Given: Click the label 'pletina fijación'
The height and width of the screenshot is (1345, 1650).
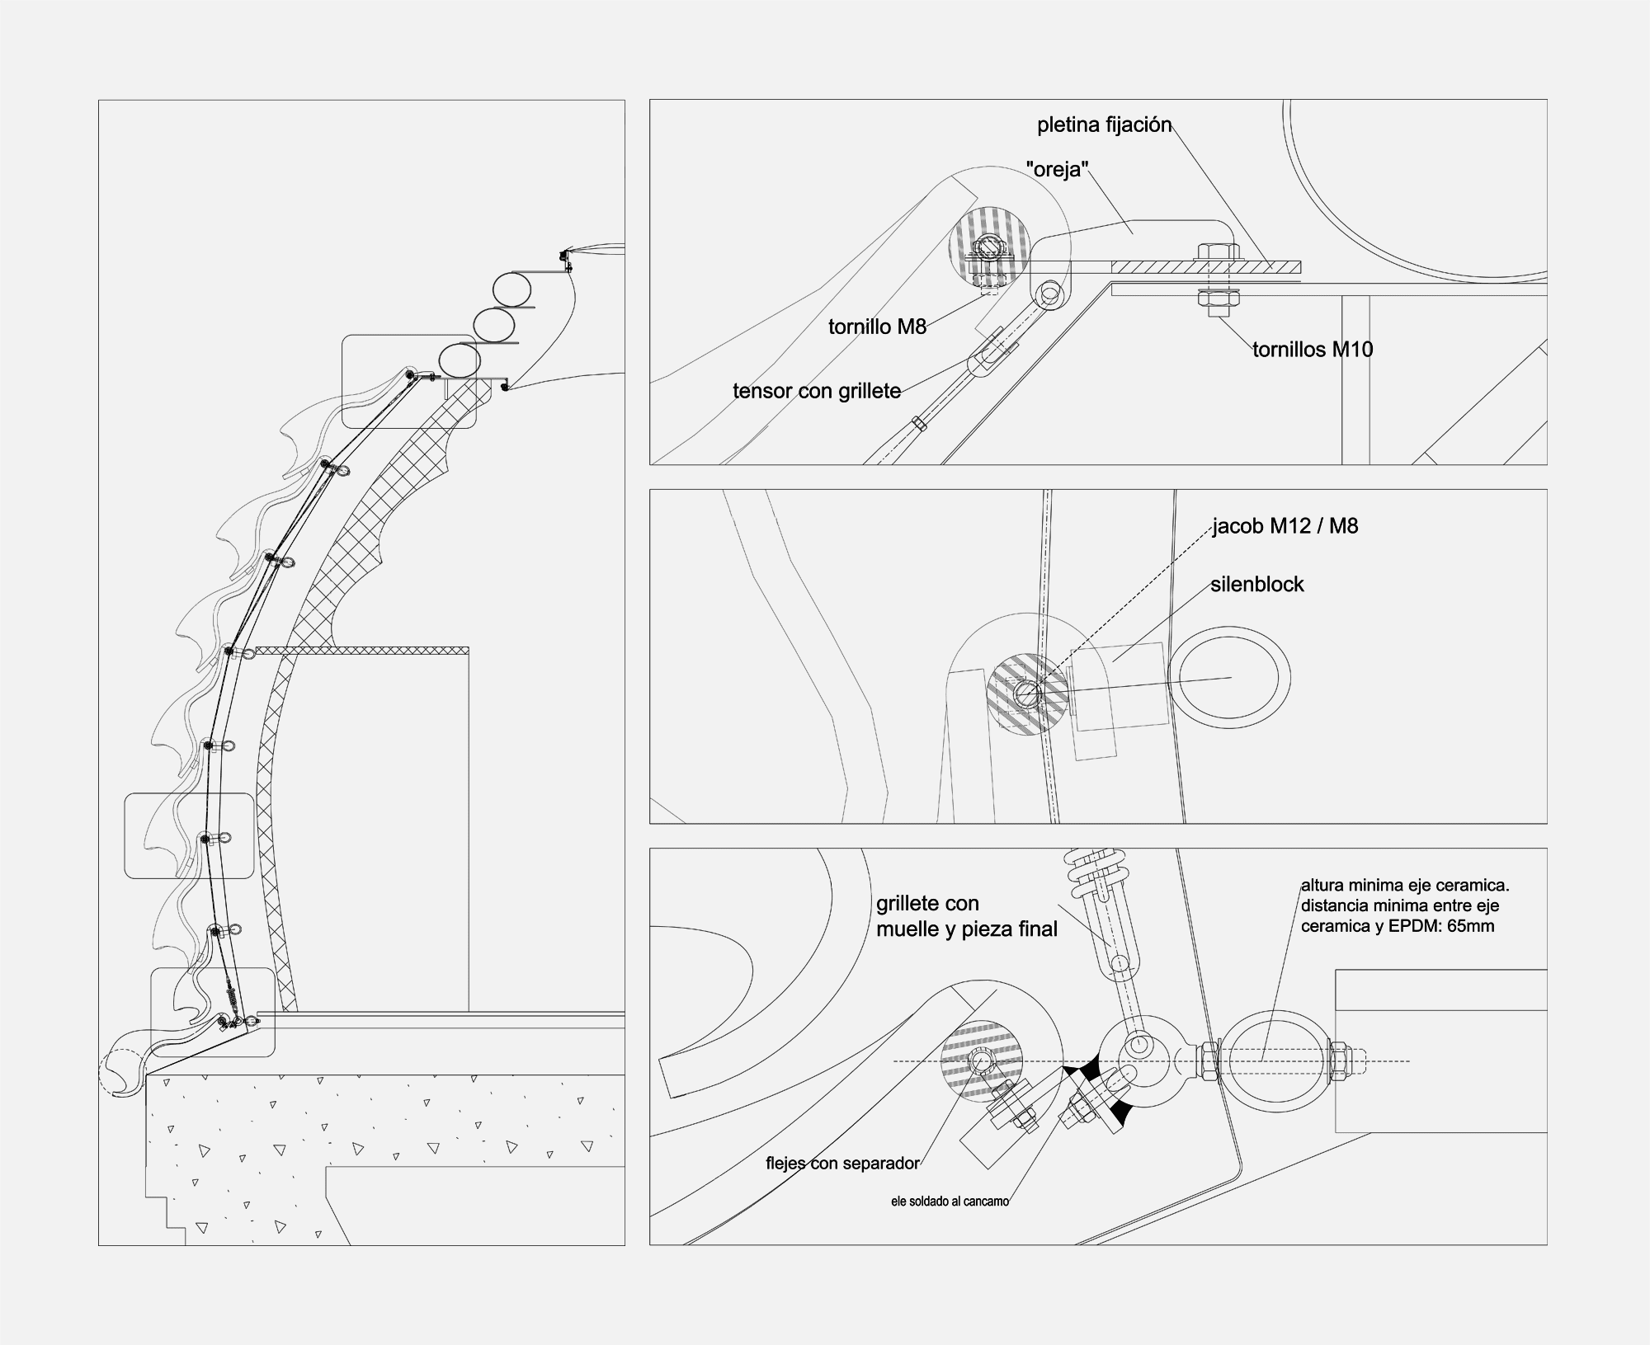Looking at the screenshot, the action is (1104, 125).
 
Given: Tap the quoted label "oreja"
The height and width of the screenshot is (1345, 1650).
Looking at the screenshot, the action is (1058, 171).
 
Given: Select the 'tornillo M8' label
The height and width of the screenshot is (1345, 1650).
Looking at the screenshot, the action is (878, 327).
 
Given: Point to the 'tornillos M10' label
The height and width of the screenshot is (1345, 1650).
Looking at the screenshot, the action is (1313, 350).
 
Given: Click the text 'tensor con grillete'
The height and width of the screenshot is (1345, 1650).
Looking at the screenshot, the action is (817, 391).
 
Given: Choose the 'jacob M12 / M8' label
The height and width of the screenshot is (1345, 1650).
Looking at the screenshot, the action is (1285, 525).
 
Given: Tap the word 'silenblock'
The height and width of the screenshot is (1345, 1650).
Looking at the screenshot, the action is (1257, 585).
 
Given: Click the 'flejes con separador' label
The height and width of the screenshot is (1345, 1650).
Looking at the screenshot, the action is (842, 1164).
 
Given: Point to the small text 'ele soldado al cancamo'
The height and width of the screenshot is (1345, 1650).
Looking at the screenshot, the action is (950, 1202).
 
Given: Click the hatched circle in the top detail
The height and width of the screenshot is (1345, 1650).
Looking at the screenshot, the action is (988, 246).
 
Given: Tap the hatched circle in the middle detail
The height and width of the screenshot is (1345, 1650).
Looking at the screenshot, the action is (1028, 694).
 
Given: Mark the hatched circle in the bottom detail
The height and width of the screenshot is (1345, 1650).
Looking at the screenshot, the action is (982, 1061).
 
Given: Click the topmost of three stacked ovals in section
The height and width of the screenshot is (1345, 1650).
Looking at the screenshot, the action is (512, 289).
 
